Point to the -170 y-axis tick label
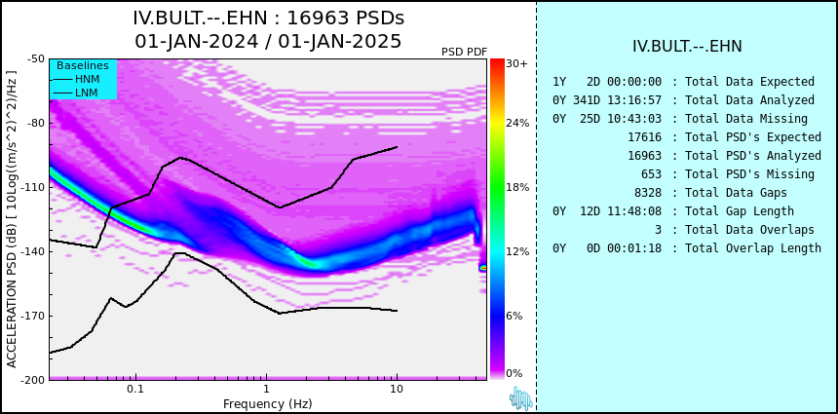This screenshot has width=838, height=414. [x=34, y=316]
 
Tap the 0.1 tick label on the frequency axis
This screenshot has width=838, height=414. [x=135, y=390]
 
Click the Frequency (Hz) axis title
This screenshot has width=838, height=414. [x=267, y=403]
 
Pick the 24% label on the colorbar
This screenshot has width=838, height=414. [x=517, y=124]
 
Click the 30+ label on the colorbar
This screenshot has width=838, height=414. [x=516, y=63]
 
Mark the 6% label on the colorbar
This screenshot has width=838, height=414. [x=514, y=316]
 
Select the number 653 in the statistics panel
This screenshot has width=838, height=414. [x=651, y=174]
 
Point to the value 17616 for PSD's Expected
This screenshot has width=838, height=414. [x=644, y=137]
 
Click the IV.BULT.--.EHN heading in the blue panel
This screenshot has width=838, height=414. [x=687, y=47]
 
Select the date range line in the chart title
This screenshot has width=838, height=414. [x=268, y=41]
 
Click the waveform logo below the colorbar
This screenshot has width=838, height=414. [x=521, y=398]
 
